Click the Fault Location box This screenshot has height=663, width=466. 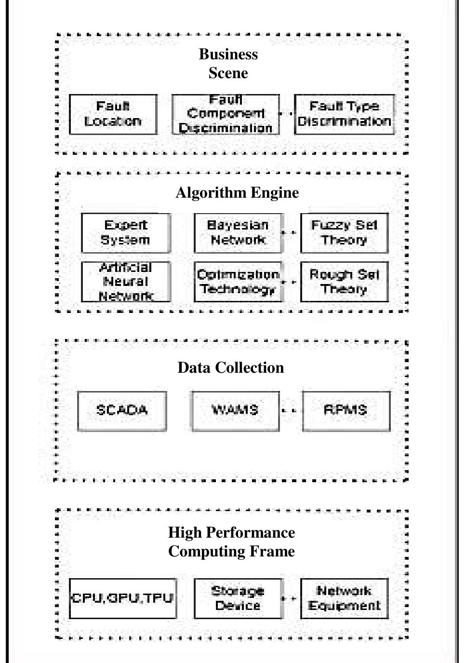113,114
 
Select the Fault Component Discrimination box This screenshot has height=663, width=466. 226,114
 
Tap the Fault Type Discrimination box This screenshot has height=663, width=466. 344,114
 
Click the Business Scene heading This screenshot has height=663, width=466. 228,63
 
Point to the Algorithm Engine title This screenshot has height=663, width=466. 237,192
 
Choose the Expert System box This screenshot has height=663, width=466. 126,233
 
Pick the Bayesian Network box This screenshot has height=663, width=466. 238,233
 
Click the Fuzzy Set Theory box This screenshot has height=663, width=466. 344,233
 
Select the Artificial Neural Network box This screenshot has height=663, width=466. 126,282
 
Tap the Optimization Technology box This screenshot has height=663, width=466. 238,282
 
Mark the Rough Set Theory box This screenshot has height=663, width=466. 344,282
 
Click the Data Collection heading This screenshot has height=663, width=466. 231,367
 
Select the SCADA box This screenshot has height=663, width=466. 122,411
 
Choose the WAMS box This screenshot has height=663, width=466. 235,411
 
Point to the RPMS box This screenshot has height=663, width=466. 346,411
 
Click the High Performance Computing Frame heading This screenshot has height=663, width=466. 231,541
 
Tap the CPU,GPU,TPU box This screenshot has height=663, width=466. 122,598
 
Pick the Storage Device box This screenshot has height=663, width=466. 238,598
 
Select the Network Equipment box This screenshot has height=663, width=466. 344,598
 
